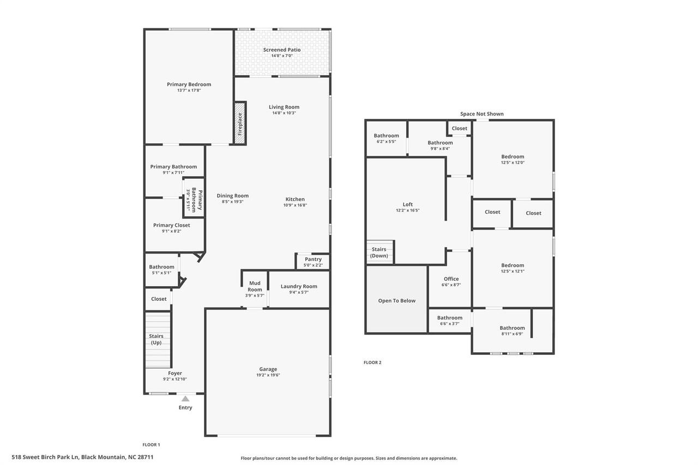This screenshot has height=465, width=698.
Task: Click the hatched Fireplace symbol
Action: coord(240,123)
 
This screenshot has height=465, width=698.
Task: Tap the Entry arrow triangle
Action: coord(185,398)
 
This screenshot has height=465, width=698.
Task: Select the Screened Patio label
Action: coord(282,50)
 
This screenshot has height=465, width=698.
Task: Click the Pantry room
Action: coord(313,261)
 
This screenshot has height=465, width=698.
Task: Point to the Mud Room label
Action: coord(255,286)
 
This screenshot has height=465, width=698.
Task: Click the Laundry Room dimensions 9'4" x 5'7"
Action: coord(299,292)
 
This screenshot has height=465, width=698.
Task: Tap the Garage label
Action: coord(268,369)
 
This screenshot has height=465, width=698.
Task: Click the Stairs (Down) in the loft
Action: coord(380,252)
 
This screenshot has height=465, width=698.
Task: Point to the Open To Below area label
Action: coord(396,300)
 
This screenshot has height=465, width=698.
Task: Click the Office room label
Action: coord(451,279)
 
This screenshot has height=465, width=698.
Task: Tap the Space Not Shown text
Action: coord(482,114)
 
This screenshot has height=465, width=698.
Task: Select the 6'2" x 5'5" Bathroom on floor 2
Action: coord(386,138)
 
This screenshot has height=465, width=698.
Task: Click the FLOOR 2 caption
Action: coord(372,363)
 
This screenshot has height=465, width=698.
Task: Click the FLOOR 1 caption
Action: coord(151,445)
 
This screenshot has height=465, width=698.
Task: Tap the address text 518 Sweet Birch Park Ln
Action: coord(82,457)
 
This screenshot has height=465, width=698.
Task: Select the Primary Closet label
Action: coord(171,225)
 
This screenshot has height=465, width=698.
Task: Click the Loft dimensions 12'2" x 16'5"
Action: coord(407,210)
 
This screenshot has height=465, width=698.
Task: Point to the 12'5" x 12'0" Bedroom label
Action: coord(513,159)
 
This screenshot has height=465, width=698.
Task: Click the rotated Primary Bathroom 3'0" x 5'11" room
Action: coord(194,197)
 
